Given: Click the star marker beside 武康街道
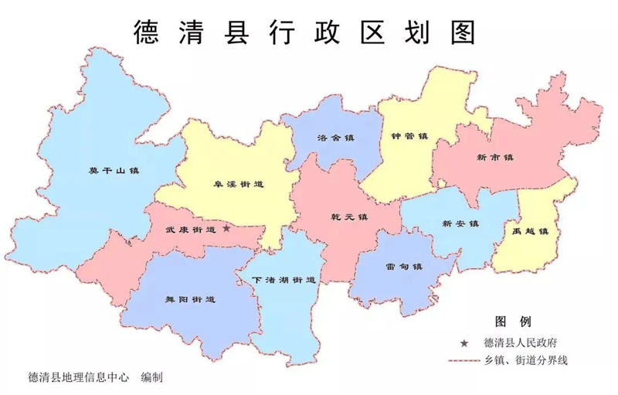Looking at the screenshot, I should (226, 229).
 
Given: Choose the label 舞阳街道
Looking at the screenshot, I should (190, 298).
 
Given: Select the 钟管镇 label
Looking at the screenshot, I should (409, 137).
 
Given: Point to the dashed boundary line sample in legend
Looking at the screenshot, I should (463, 360).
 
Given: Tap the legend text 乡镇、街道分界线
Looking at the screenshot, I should (526, 360).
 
